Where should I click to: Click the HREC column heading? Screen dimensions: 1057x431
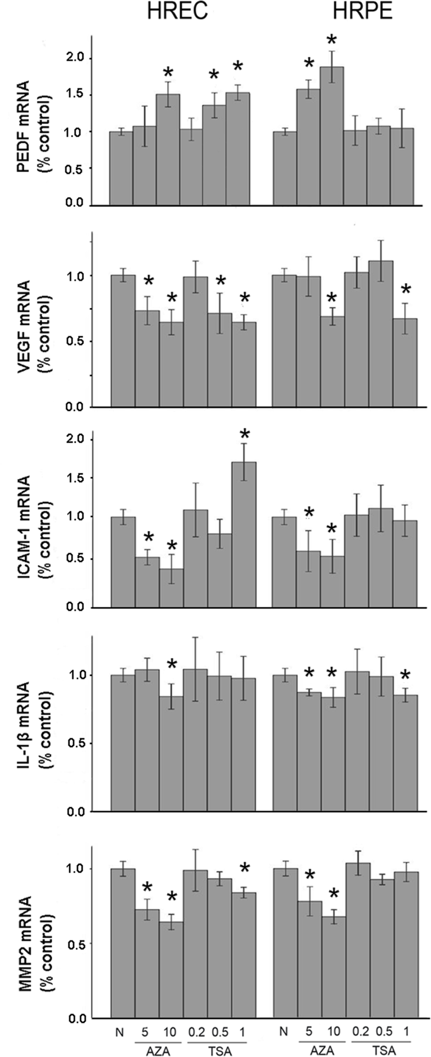178,12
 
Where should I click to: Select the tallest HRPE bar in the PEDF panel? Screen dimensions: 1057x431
331,135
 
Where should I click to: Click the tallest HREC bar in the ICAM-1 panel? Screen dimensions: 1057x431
244,533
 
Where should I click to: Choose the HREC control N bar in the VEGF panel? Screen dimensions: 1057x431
123,341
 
